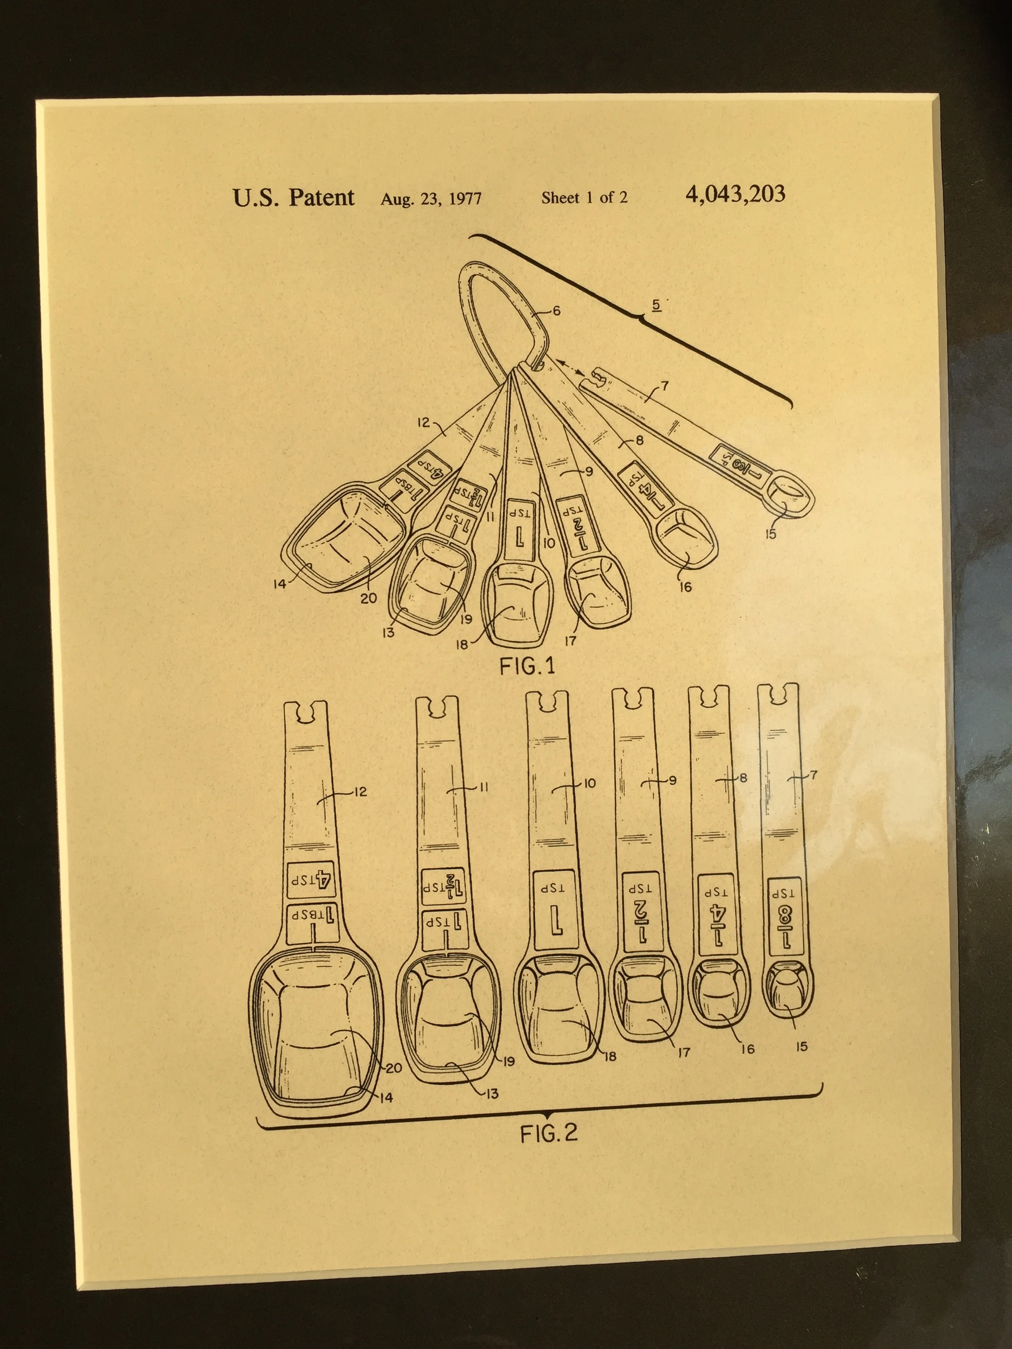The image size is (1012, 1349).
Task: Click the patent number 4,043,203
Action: tap(735, 195)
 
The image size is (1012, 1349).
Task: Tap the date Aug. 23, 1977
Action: tap(431, 199)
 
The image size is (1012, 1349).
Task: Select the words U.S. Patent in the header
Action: tap(293, 198)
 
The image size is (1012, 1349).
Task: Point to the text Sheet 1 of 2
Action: tap(584, 197)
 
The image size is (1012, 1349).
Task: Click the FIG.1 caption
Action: tap(527, 666)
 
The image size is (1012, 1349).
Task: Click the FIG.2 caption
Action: tap(548, 1133)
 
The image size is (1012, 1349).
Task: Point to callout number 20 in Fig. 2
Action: tap(394, 1067)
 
